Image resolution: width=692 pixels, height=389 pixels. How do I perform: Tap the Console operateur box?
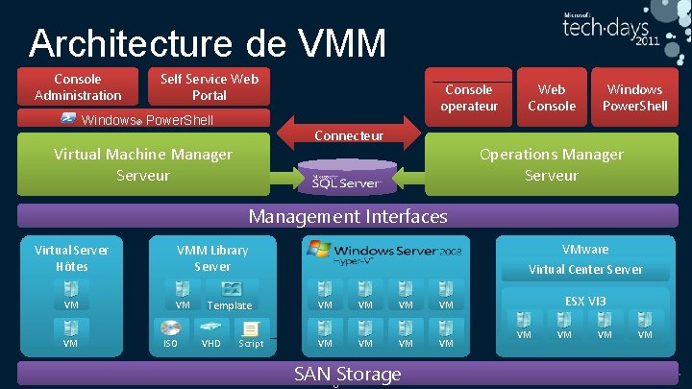(x=469, y=97)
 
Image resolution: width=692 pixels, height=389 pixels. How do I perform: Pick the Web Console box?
(x=552, y=97)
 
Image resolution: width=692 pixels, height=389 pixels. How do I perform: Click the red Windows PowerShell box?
(x=634, y=97)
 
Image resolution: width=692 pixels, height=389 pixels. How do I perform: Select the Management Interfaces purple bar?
(x=348, y=216)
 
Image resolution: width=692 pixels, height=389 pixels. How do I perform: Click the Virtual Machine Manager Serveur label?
(x=143, y=164)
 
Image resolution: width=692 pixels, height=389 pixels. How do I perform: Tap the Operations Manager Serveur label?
(x=552, y=164)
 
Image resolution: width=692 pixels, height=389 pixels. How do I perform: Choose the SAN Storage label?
(x=348, y=374)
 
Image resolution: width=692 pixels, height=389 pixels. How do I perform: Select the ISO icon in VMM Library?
(x=171, y=327)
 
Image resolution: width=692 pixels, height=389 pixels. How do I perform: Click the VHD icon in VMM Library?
(x=210, y=327)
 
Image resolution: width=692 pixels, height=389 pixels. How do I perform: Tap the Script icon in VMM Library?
(x=250, y=327)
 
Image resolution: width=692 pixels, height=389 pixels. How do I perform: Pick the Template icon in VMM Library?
(x=231, y=289)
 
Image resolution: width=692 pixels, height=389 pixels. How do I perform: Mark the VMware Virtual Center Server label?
(x=585, y=259)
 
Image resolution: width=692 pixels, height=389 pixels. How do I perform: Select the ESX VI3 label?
(x=585, y=301)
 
